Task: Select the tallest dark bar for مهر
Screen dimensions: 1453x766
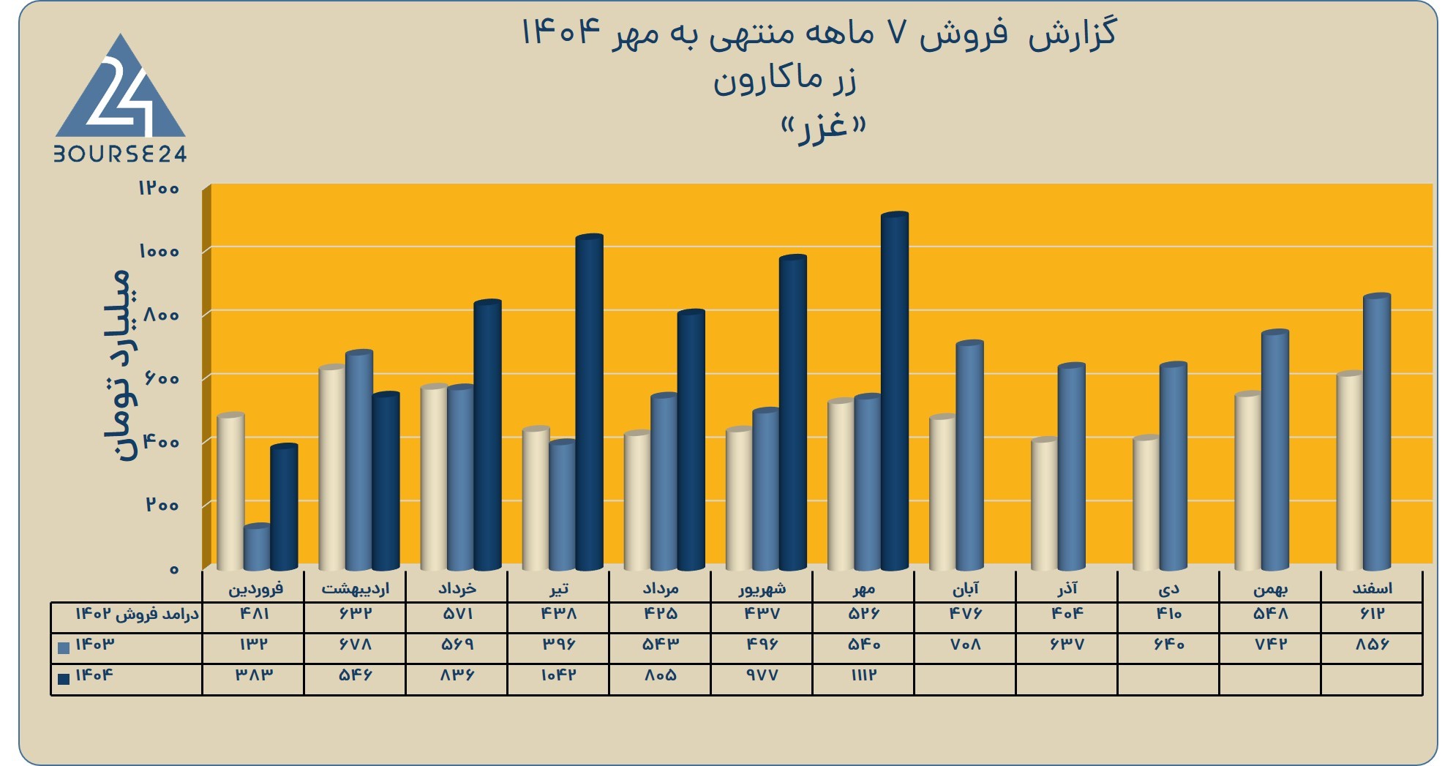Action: [895, 391]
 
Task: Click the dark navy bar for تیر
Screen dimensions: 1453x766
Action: [590, 402]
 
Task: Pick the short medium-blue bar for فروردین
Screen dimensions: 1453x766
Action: [257, 547]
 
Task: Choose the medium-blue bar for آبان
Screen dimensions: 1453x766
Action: [970, 456]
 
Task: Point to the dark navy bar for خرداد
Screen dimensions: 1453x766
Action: [488, 435]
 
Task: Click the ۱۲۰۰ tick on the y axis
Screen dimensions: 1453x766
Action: [159, 188]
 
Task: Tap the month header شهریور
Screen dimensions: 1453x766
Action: [762, 588]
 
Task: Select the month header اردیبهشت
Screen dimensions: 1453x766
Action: [356, 588]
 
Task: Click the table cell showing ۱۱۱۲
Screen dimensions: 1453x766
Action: [863, 675]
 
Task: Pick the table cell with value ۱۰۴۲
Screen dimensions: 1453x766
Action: [558, 675]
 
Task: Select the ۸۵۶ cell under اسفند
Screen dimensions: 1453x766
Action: [1372, 645]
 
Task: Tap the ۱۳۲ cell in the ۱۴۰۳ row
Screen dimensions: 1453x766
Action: [254, 645]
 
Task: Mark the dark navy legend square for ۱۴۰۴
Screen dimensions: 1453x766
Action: [64, 679]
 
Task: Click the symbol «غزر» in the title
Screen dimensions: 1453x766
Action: [823, 129]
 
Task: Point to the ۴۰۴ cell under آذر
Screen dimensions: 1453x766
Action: [1067, 614]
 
